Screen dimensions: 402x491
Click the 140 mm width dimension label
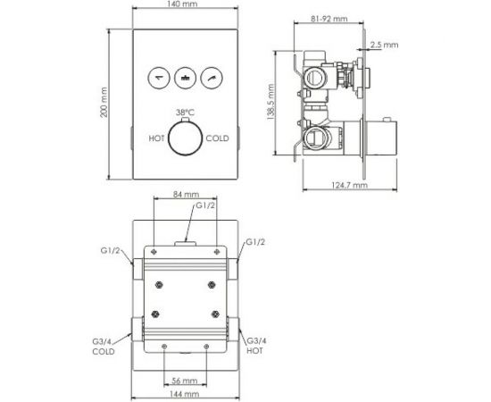(186, 5)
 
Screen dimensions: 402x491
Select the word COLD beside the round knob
(218, 138)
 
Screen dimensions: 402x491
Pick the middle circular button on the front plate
(186, 79)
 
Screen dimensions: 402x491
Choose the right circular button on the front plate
(213, 79)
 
